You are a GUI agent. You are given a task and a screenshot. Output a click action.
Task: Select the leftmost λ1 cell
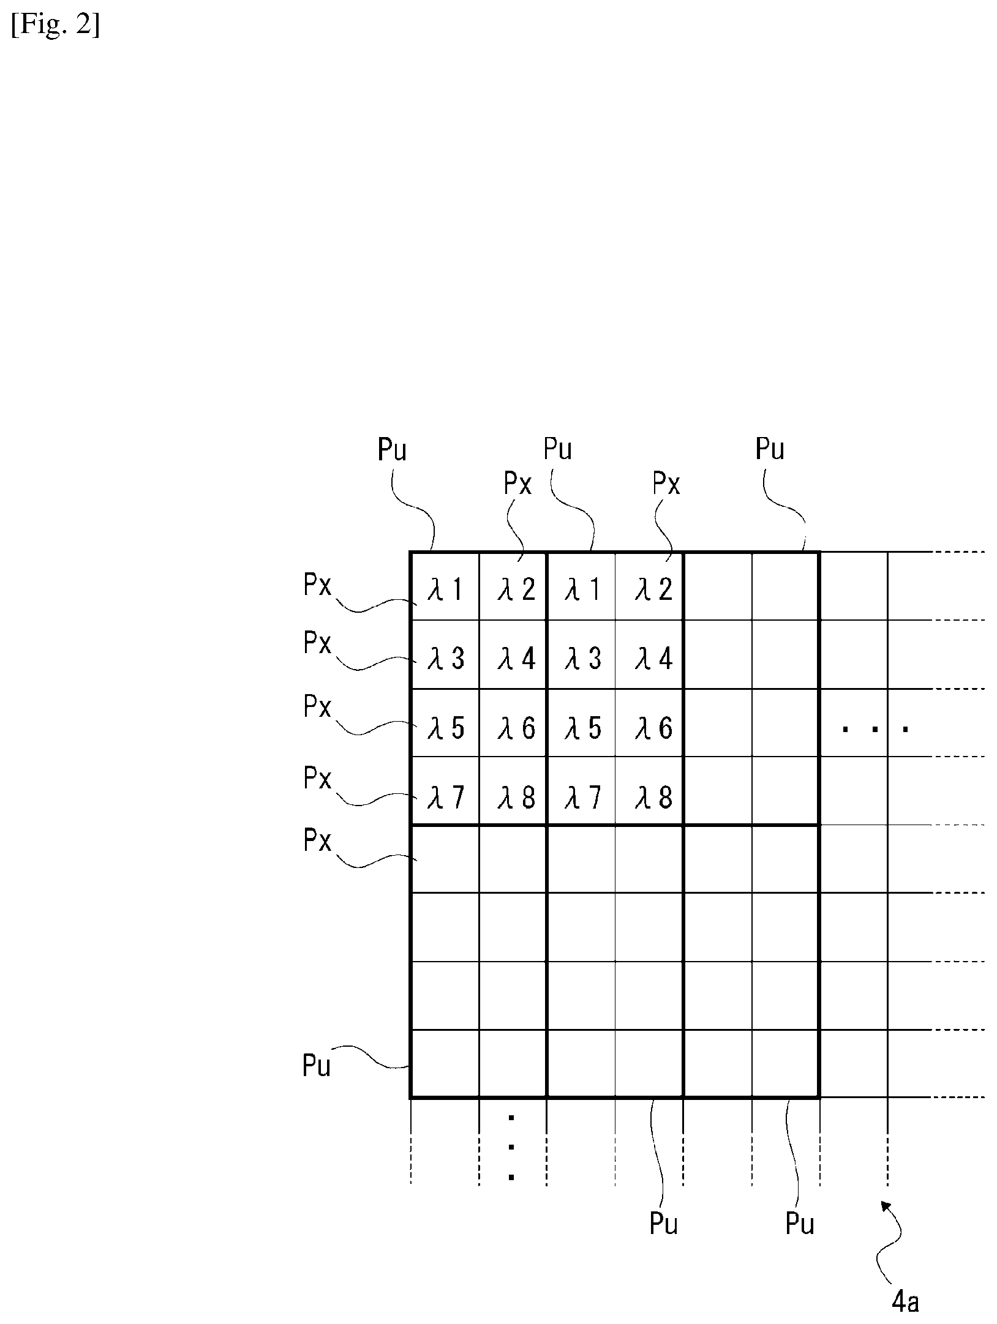[445, 586]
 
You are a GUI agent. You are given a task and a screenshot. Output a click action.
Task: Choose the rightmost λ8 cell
[649, 791]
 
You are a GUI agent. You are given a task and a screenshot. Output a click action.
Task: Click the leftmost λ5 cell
[445, 723]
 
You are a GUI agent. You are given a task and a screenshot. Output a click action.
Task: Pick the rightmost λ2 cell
[649, 586]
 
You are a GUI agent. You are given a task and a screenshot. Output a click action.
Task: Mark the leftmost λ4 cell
[513, 655]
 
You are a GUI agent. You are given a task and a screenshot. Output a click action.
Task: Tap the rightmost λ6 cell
[649, 723]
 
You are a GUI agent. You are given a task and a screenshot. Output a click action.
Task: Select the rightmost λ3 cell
[581, 655]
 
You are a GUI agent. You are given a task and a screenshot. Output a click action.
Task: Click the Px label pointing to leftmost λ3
[317, 643]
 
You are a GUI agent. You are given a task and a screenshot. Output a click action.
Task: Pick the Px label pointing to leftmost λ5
[317, 707]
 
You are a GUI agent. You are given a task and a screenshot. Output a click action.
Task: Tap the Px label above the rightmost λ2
[666, 484]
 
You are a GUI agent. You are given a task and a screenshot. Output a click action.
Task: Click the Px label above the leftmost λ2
[517, 484]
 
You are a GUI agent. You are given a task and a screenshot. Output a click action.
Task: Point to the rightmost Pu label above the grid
[770, 449]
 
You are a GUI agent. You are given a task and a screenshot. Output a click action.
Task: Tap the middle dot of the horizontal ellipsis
[876, 729]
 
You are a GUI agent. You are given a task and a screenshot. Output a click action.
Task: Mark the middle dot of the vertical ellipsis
[511, 1147]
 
